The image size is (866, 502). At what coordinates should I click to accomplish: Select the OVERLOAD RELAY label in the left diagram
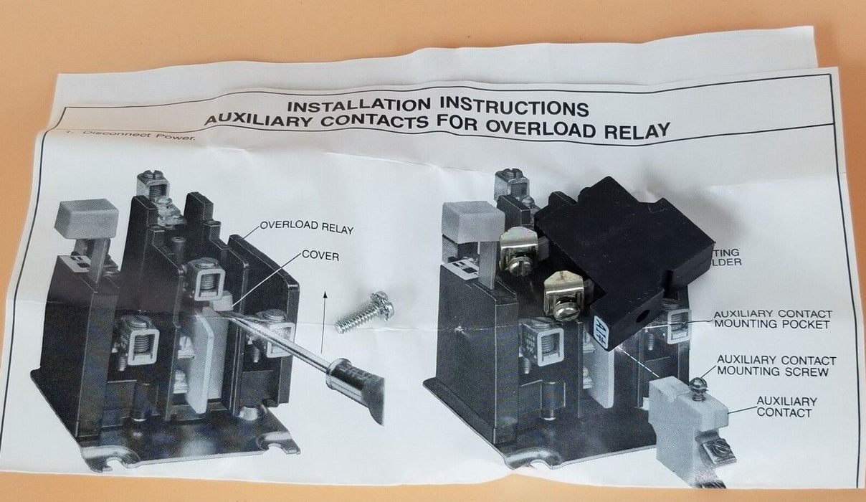pyautogui.click(x=306, y=228)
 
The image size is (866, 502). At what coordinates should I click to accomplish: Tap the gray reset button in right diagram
pyautogui.click(x=472, y=220)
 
